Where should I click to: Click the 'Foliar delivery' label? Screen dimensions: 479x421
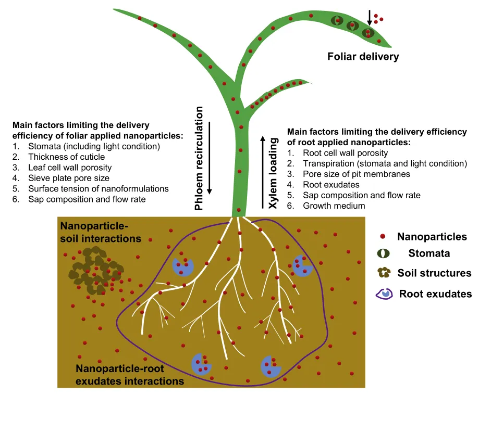363,56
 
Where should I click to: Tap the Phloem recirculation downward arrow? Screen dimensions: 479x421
210,158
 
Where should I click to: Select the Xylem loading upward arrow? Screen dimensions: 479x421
263,172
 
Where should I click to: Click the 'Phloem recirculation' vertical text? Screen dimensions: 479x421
199,158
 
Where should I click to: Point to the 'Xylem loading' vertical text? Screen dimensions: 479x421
273,173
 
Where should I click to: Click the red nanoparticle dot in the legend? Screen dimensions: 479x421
383,236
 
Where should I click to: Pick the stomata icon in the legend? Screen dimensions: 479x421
384,253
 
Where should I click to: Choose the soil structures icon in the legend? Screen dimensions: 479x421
384,273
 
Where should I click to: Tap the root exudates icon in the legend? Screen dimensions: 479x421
384,294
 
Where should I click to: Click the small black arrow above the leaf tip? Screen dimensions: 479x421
370,17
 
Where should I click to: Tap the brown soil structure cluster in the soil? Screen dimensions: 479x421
95,271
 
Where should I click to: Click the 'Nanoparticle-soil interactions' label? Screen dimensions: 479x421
101,232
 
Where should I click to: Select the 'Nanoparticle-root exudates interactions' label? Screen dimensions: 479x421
130,375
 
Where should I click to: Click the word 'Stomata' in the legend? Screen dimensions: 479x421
429,253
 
